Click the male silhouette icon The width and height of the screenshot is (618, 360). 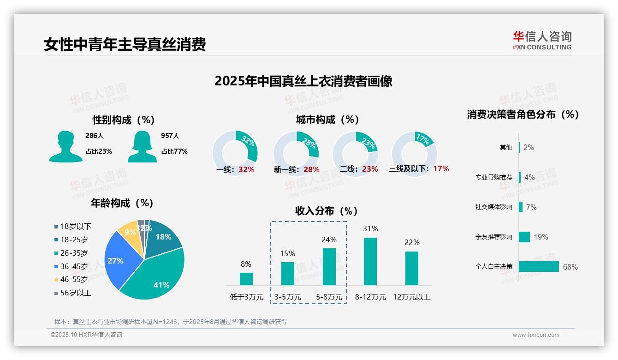point(65,146)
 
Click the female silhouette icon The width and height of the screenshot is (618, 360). point(142,146)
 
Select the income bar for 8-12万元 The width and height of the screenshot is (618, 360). point(370,261)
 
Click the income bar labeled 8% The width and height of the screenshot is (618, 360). point(246,279)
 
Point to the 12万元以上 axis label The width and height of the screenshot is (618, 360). point(411,297)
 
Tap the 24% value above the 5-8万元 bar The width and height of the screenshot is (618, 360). point(329,240)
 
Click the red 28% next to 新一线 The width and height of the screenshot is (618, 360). point(311,169)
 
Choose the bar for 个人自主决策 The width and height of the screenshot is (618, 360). point(538,267)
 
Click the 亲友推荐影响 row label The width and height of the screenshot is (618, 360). point(493,237)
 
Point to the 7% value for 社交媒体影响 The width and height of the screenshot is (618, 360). point(531,207)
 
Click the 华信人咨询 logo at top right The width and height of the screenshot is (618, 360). point(542,40)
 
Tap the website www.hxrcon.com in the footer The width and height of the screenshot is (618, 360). point(535,335)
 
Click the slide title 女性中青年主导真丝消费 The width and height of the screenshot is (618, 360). point(125,44)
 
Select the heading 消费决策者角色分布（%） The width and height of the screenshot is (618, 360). point(523,114)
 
